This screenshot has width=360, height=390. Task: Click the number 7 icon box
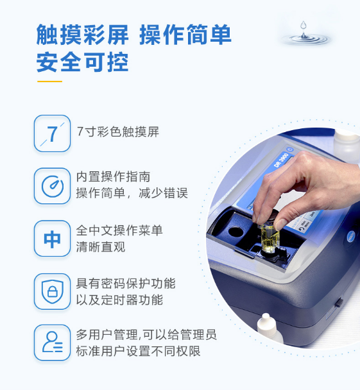[x=52, y=133]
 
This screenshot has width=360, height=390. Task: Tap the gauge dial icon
[x=52, y=186]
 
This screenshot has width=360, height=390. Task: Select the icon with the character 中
[x=52, y=239]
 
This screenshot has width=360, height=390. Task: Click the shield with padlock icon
[x=52, y=291]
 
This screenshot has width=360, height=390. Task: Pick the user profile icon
[x=52, y=343]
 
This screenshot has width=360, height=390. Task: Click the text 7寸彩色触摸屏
[x=118, y=131]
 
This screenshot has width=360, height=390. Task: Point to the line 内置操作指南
[x=113, y=177]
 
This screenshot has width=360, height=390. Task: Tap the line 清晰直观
[x=101, y=247]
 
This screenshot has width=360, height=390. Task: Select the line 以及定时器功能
[x=119, y=300]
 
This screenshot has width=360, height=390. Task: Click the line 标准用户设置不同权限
[x=139, y=352]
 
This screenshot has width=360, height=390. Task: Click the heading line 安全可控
[x=83, y=62]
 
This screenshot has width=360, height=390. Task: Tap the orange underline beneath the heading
[x=50, y=81]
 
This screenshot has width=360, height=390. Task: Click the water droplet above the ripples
[x=303, y=25]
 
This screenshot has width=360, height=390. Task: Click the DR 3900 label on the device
[x=281, y=160]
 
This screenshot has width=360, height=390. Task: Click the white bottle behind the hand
[x=347, y=144]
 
